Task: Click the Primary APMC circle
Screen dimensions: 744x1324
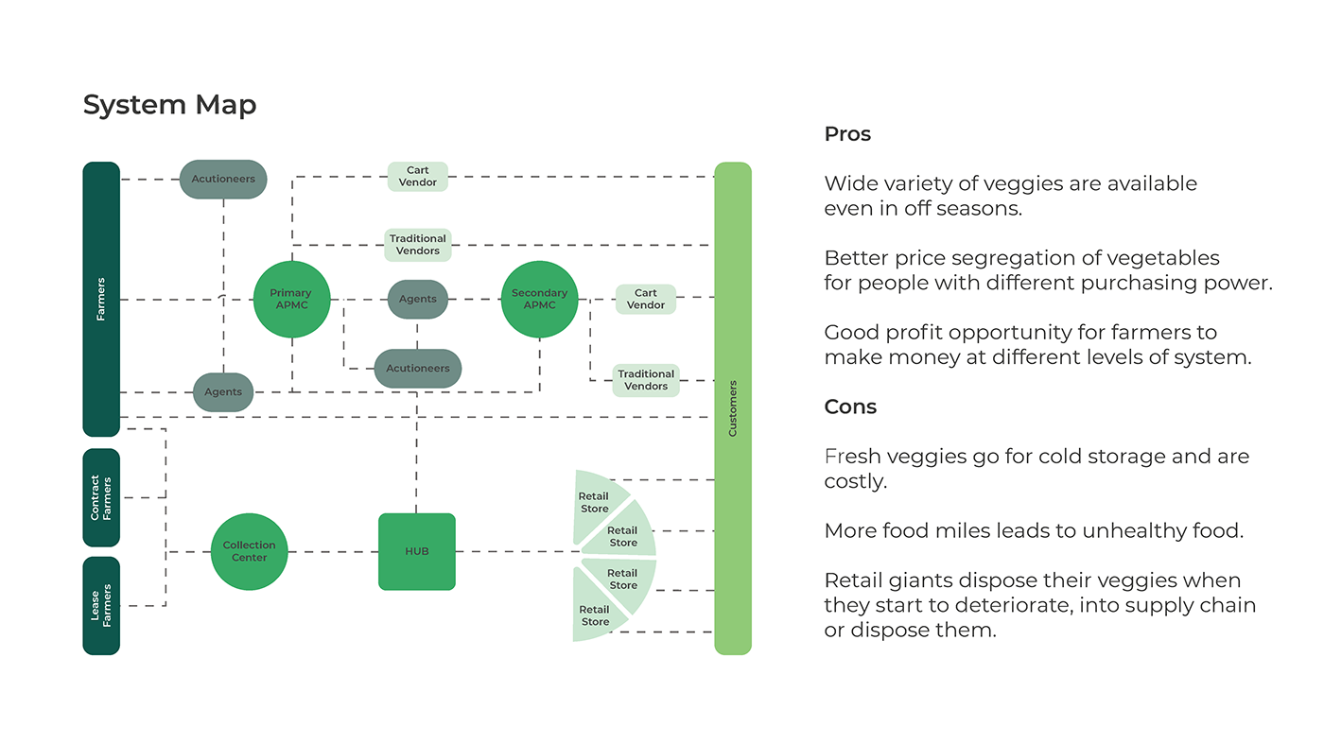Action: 291,300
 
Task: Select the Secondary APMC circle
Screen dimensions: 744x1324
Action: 539,300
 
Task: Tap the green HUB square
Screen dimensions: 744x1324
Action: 417,552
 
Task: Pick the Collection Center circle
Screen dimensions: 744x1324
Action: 249,552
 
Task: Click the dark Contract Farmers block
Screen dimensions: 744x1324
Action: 101,498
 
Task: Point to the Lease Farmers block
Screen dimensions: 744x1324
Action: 101,606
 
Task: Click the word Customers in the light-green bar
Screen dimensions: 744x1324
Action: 733,408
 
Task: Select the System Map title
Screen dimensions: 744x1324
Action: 169,105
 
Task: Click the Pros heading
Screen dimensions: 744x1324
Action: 847,134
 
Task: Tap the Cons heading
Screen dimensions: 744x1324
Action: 850,407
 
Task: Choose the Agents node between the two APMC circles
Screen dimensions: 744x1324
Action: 417,299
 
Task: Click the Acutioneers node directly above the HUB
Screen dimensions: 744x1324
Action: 417,369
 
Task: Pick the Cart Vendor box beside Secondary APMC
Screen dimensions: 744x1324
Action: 646,299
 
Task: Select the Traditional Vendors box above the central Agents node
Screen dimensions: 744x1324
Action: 418,245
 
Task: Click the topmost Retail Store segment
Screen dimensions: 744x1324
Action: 596,500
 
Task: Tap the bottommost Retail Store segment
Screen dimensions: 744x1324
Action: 596,614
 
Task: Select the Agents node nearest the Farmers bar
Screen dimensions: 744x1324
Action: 223,392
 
